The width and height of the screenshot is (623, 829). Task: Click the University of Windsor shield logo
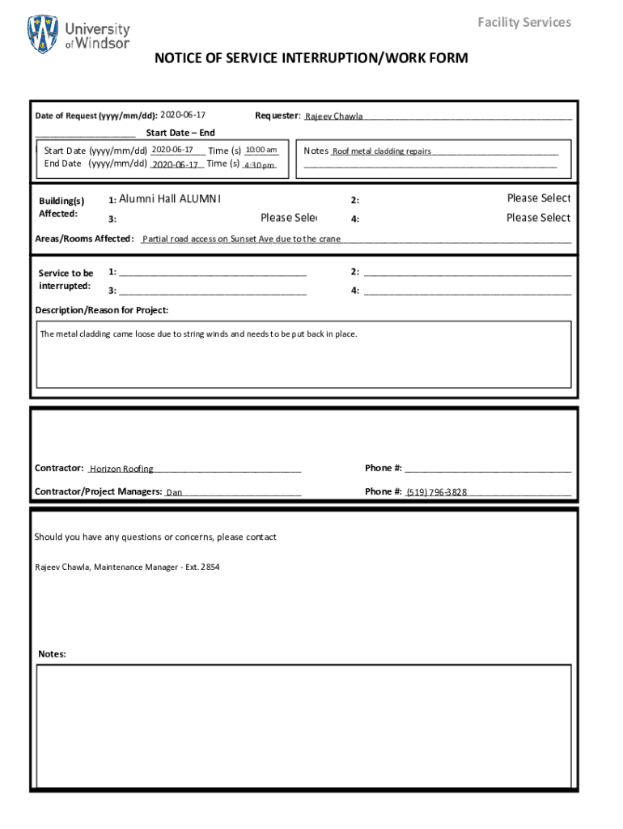point(43,33)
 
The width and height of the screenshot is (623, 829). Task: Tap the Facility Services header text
point(523,22)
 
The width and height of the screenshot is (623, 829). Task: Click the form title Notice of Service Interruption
point(311,58)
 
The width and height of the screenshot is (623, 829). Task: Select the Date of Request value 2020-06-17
point(183,116)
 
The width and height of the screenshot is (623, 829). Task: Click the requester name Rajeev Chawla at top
point(333,117)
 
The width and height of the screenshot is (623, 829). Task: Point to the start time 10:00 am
point(261,150)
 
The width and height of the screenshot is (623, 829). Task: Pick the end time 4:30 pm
point(260,165)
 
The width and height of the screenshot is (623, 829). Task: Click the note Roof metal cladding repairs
point(382,151)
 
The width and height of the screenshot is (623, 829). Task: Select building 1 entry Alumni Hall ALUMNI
point(170,199)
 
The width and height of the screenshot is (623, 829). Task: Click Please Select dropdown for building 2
point(538,198)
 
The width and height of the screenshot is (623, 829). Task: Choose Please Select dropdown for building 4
point(538,218)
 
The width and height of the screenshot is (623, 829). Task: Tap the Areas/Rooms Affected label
point(84,239)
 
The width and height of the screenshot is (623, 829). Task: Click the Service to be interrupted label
point(66,279)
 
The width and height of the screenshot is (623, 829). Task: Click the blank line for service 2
point(468,274)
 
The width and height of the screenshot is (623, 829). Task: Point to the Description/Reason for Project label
point(102,310)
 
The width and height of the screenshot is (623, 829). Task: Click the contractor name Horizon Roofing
point(121,469)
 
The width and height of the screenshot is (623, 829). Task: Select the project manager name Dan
point(174,492)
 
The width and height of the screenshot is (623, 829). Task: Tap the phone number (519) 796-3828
point(436,492)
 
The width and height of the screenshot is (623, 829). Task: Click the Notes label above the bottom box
point(52,653)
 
